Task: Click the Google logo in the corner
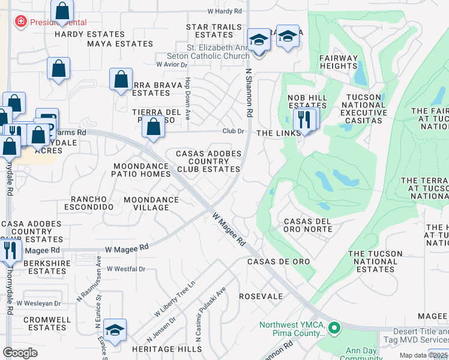(20, 352)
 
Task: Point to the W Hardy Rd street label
(224, 11)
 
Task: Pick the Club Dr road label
(234, 131)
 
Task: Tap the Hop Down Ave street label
(187, 99)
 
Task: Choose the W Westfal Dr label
(126, 269)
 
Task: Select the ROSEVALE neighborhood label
(261, 296)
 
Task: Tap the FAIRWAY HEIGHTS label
(338, 62)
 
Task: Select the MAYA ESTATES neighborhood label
(120, 44)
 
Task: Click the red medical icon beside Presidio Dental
(21, 22)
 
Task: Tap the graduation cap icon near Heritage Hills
(114, 331)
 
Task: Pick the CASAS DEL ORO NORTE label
(308, 225)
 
